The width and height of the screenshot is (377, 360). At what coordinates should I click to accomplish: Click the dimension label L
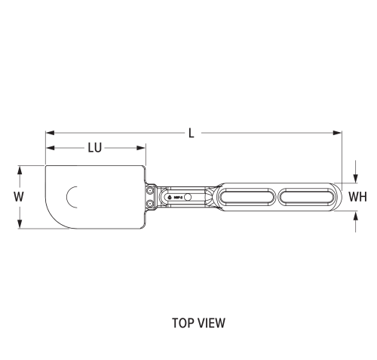[x=192, y=133]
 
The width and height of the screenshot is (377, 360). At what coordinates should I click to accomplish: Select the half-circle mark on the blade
[x=72, y=197]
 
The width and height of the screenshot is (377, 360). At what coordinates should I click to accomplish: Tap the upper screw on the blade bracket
[x=152, y=190]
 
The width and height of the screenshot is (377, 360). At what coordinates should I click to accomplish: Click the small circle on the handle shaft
[x=188, y=197]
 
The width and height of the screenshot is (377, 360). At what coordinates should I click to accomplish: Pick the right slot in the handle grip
[x=309, y=197]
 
